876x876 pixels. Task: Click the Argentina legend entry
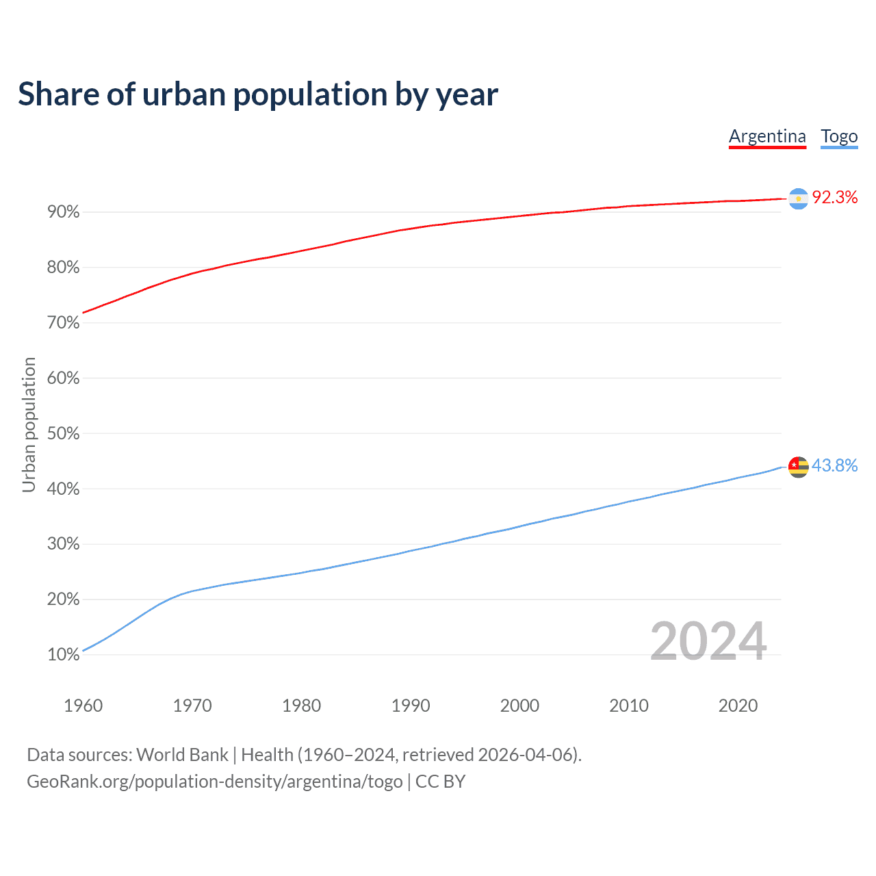click(x=767, y=136)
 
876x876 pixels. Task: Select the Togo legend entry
click(x=839, y=136)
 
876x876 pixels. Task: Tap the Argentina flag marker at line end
click(x=799, y=198)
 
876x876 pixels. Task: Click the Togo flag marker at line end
click(x=799, y=467)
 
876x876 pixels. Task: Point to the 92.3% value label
click(x=835, y=198)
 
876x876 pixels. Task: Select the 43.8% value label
click(x=835, y=466)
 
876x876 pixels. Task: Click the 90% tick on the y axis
click(x=64, y=212)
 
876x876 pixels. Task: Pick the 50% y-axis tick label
click(x=64, y=434)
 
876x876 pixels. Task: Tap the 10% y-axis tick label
click(x=64, y=655)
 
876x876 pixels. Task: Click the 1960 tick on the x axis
click(x=83, y=706)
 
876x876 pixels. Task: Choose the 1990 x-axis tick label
click(x=411, y=706)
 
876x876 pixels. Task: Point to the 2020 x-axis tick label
click(x=738, y=706)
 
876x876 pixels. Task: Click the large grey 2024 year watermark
click(x=708, y=641)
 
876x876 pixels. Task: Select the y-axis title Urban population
click(x=29, y=424)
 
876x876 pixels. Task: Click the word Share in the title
click(x=57, y=94)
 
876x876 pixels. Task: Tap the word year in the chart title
click(x=469, y=94)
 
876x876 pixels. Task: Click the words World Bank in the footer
click(x=182, y=755)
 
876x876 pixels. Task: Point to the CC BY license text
click(x=441, y=782)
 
